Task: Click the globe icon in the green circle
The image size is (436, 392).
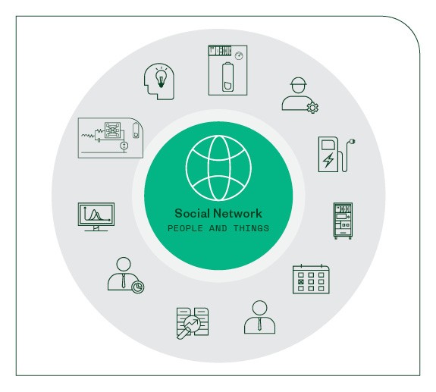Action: pyautogui.click(x=218, y=168)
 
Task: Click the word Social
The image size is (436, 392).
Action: pyautogui.click(x=192, y=214)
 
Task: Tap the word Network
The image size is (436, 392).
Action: pyautogui.click(x=237, y=214)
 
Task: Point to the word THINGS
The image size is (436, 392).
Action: pyautogui.click(x=251, y=228)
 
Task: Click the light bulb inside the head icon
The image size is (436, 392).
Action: pyautogui.click(x=161, y=77)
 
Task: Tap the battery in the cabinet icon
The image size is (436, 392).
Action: pyautogui.click(x=227, y=77)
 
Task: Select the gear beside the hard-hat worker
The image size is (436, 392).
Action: pyautogui.click(x=312, y=108)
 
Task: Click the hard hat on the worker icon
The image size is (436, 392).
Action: pyautogui.click(x=298, y=81)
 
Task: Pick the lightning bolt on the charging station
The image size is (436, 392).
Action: pyautogui.click(x=328, y=160)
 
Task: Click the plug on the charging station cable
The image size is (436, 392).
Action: pyautogui.click(x=352, y=142)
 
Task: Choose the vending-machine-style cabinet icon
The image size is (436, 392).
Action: pyautogui.click(x=343, y=221)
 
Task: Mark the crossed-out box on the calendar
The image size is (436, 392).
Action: pyautogui.click(x=300, y=281)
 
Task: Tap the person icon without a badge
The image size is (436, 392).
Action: pyautogui.click(x=260, y=317)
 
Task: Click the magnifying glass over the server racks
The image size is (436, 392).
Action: pyautogui.click(x=189, y=326)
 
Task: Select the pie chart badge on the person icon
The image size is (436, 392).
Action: pyautogui.click(x=138, y=287)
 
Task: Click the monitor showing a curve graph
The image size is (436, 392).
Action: pyautogui.click(x=96, y=217)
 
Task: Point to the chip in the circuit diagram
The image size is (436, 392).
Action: pyautogui.click(x=113, y=130)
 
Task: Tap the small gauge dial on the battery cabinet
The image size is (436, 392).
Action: pyautogui.click(x=239, y=56)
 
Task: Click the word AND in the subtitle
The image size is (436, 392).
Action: pyautogui.click(x=218, y=228)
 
